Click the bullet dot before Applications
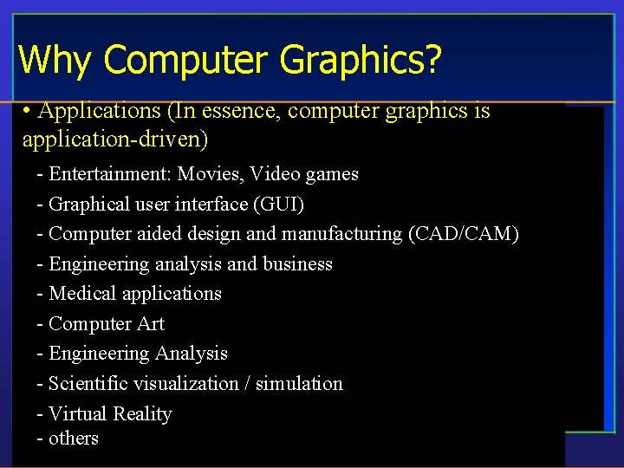pos(29,112)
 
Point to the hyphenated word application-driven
pos(115,139)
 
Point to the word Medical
pos(82,294)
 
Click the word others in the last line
pos(74,439)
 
